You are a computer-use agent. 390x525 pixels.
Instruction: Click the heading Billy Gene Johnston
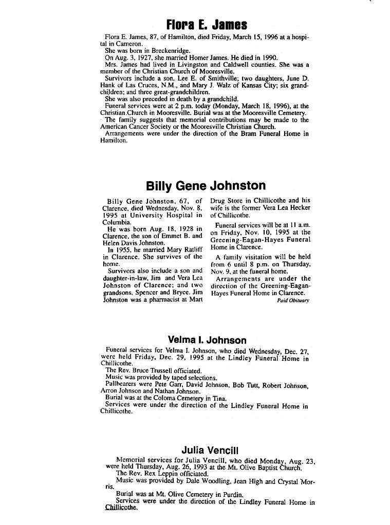click(206, 185)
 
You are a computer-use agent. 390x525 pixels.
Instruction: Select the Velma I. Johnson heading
click(207, 340)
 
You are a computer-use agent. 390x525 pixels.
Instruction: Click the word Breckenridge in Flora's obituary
click(169, 51)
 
